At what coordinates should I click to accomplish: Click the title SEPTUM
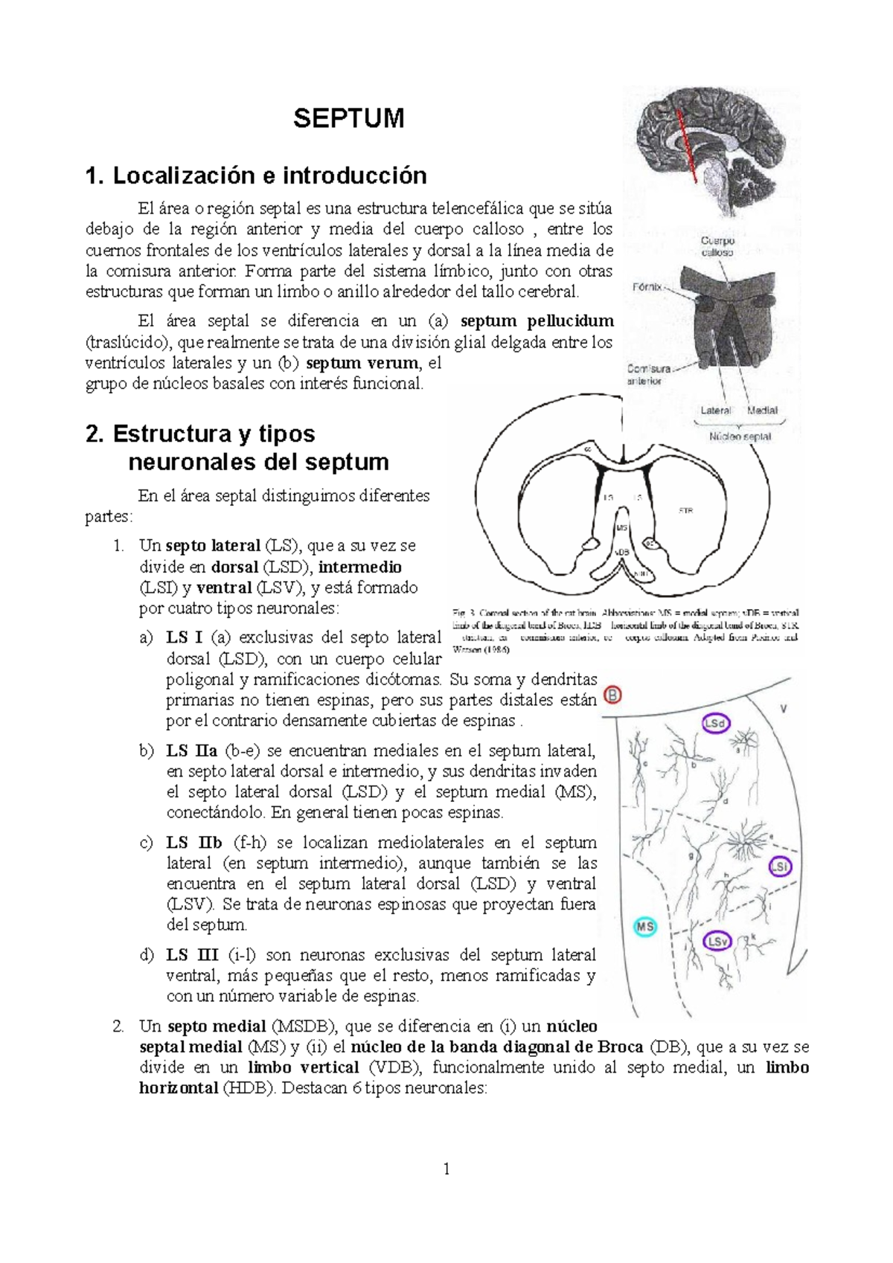[x=348, y=118]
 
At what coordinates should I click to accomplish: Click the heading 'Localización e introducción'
[x=256, y=176]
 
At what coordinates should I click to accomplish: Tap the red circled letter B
[x=612, y=695]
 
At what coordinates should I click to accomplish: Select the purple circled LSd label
[x=716, y=723]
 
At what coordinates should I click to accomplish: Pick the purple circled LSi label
[x=780, y=867]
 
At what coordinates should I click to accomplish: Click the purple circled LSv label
[x=717, y=942]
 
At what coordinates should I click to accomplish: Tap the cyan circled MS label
[x=644, y=927]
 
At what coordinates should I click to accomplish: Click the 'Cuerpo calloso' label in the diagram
[x=717, y=246]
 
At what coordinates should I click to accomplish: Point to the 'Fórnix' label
[x=647, y=286]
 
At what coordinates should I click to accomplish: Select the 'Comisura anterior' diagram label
[x=648, y=374]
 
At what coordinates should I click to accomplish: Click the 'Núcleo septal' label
[x=740, y=437]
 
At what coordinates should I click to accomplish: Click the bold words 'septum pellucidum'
[x=537, y=321]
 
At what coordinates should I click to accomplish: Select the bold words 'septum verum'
[x=362, y=363]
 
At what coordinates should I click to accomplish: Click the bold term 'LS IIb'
[x=194, y=843]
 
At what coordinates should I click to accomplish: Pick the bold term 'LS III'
[x=192, y=954]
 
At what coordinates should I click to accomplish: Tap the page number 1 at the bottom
[x=446, y=1170]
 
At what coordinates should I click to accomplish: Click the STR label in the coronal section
[x=685, y=510]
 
